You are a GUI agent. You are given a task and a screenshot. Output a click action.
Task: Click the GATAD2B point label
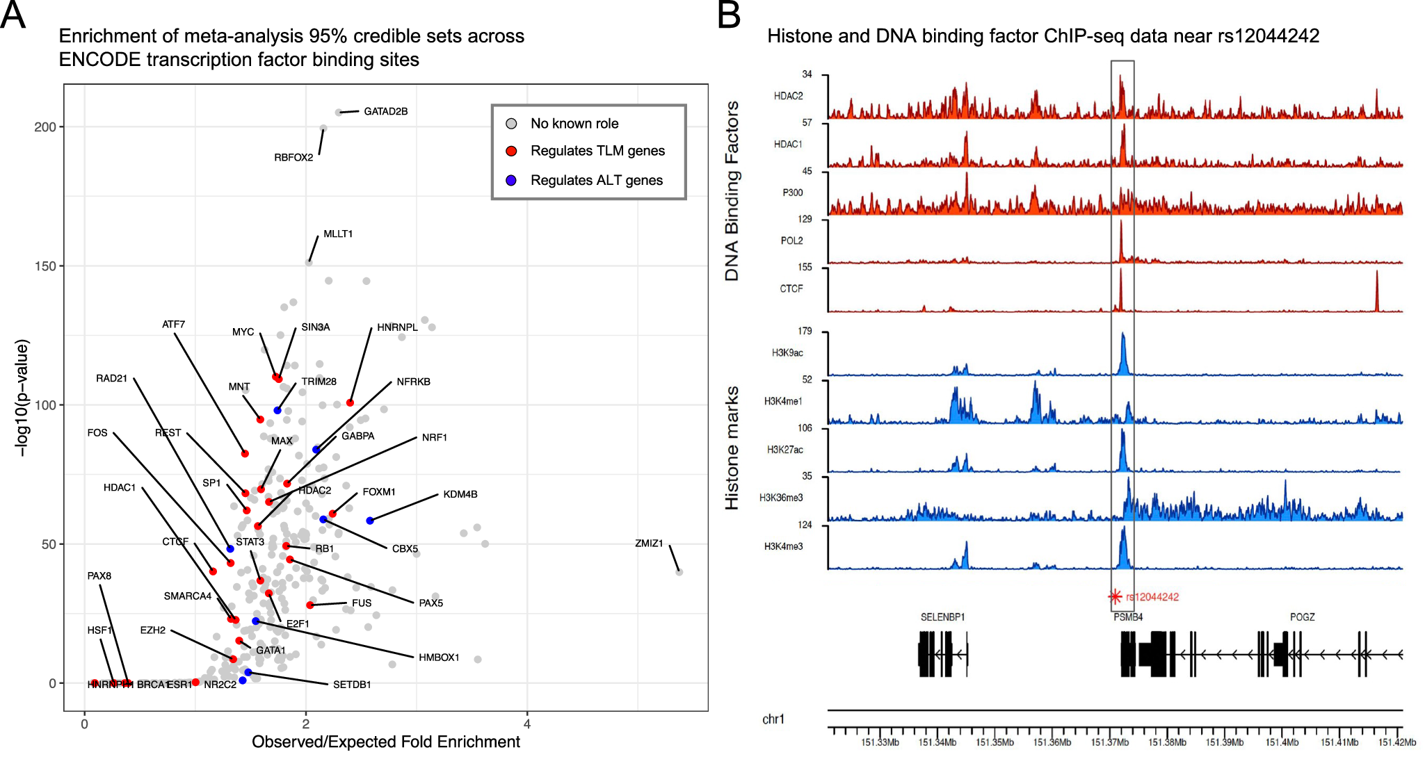[x=385, y=111]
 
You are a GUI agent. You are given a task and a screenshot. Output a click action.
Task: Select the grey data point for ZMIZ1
[x=679, y=572]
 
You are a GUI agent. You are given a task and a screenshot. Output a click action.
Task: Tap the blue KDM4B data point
[x=370, y=521]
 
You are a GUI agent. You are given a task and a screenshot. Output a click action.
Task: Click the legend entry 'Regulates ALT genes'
[x=596, y=180]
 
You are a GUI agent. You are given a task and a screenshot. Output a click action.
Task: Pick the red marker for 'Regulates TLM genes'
[x=511, y=152]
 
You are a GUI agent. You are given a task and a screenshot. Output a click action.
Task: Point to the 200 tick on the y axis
[x=45, y=127]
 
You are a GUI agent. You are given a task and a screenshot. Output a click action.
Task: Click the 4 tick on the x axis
[x=527, y=724]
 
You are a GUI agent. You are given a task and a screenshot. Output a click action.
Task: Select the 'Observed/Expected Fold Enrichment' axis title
[x=385, y=742]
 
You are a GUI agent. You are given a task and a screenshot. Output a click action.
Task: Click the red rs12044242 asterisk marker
[x=1115, y=596]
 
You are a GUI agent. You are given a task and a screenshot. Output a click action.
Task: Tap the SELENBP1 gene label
[x=942, y=617]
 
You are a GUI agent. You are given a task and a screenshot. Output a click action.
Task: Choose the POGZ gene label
[x=1302, y=617]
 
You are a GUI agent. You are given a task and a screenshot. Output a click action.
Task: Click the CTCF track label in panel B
[x=791, y=288]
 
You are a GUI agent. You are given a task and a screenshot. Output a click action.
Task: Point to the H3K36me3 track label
[x=780, y=498]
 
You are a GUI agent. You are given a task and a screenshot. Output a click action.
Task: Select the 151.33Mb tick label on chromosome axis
[x=880, y=742]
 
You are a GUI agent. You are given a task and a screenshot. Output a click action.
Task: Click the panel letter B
[x=729, y=15]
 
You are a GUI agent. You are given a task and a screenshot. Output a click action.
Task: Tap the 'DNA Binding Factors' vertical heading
[x=732, y=191]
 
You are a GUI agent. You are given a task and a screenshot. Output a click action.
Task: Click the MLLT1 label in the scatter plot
[x=338, y=234]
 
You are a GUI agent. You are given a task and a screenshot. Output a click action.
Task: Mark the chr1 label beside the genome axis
[x=773, y=719]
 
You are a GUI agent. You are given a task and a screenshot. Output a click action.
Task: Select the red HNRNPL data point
[x=351, y=403]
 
